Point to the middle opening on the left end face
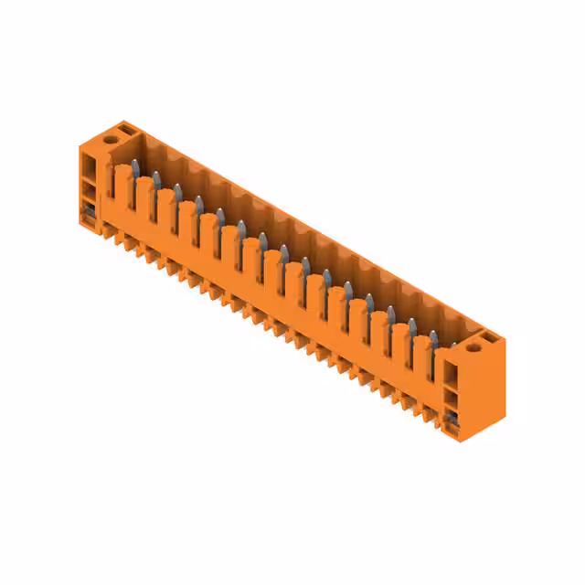pos(89,192)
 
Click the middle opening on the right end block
pos(450,399)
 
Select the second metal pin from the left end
pos(156,178)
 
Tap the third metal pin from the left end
pos(177,190)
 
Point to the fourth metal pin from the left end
pos(198,202)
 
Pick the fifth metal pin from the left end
pos(220,214)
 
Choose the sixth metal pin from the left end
pos(241,227)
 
